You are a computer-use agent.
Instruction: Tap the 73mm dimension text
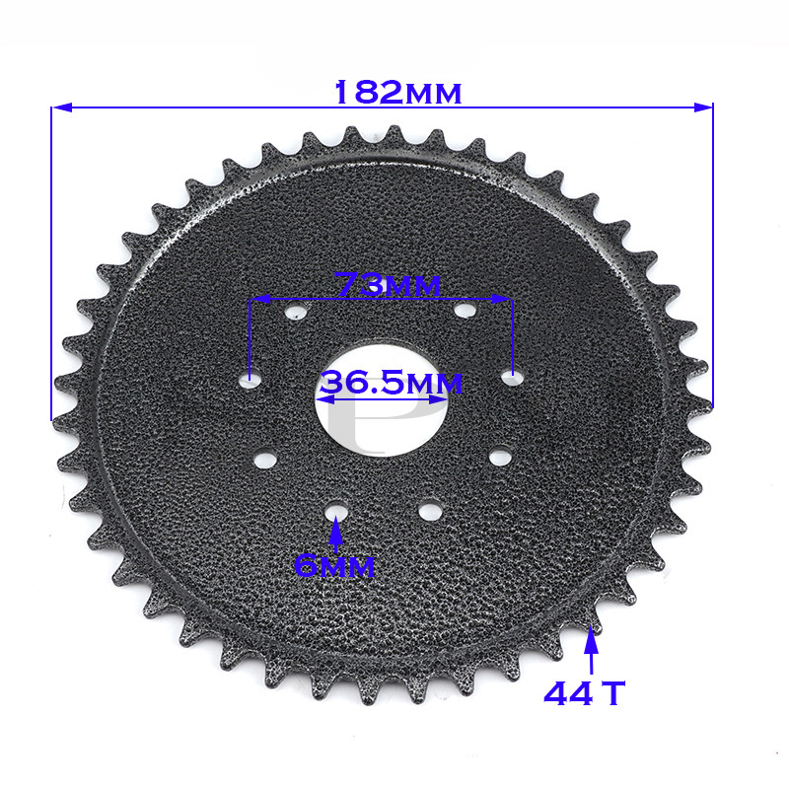coord(388,284)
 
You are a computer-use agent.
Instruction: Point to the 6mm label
coord(335,566)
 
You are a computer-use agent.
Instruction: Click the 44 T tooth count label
coord(585,693)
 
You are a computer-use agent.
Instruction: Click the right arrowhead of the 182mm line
coord(703,107)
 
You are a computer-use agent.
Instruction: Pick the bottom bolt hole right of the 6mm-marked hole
coord(429,510)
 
